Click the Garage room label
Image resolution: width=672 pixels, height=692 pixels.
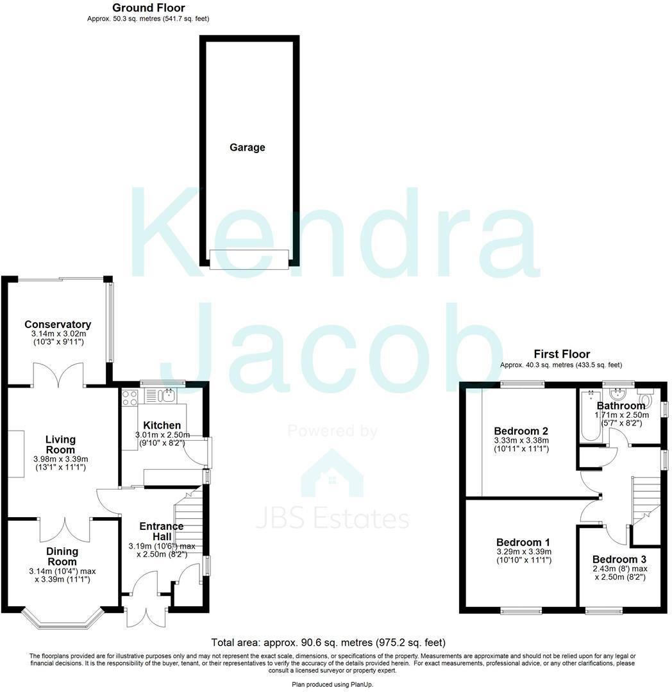(x=248, y=147)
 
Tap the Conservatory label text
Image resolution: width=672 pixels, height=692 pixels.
(x=58, y=324)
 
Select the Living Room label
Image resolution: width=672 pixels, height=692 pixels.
(x=60, y=445)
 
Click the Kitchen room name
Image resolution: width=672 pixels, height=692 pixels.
(x=162, y=425)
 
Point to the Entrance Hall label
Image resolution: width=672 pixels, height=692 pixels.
(x=162, y=531)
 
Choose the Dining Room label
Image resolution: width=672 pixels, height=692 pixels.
(x=62, y=556)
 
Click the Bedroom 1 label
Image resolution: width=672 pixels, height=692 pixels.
(x=523, y=541)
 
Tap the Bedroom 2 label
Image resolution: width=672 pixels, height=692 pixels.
(x=521, y=431)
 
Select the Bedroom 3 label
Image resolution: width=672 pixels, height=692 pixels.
(x=619, y=559)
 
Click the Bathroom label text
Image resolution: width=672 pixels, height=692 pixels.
(x=621, y=406)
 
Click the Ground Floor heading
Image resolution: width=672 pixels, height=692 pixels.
(x=148, y=8)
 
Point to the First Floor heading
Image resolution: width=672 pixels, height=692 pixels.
(x=562, y=354)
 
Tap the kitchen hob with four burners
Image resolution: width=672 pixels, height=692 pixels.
(x=130, y=397)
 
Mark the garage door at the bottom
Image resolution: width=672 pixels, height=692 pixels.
(x=248, y=259)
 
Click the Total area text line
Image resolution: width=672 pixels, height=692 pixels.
(x=328, y=642)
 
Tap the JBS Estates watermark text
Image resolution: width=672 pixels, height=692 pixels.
(x=332, y=517)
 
